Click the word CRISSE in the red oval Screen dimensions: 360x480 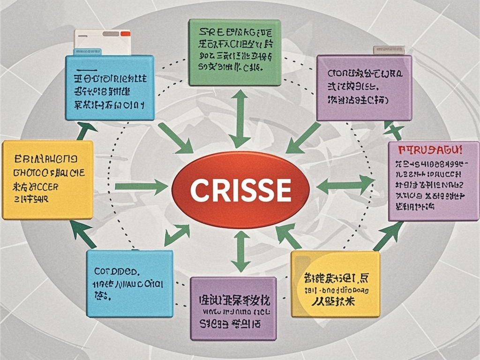(x=240, y=190)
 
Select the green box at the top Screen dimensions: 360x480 (x=234, y=52)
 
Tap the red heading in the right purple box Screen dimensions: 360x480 (x=430, y=151)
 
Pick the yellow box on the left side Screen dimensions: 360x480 (x=47, y=180)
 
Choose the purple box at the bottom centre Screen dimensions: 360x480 (x=233, y=308)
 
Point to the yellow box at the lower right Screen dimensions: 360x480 (x=335, y=284)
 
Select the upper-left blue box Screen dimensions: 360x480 (x=110, y=88)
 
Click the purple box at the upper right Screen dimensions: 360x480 (x=364, y=88)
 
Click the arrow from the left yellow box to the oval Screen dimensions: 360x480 (x=141, y=187)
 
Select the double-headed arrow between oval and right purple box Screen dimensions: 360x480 (x=345, y=185)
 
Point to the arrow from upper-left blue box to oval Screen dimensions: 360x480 (x=175, y=138)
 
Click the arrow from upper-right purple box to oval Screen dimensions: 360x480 (x=303, y=138)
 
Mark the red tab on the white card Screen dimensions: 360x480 (x=125, y=34)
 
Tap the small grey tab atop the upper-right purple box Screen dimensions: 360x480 (x=389, y=49)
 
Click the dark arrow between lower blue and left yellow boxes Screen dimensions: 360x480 (x=83, y=234)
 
